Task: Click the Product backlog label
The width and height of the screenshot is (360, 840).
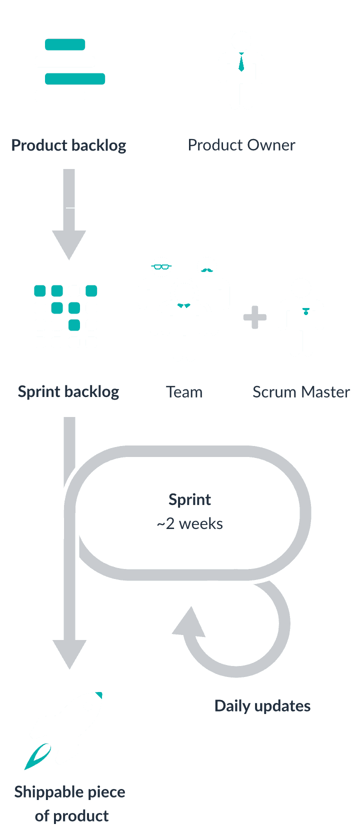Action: (68, 145)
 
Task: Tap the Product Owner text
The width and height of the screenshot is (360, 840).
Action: (241, 145)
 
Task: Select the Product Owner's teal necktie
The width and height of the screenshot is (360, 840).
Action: (241, 62)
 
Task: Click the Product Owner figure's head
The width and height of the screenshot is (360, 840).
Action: (241, 41)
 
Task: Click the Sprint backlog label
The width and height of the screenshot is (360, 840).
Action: (68, 391)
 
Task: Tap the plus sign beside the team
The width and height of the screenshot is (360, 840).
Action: (255, 317)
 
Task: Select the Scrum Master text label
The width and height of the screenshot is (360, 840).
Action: (301, 392)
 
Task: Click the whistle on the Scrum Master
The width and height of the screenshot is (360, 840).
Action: (305, 311)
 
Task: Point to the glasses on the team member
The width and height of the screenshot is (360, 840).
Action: (161, 266)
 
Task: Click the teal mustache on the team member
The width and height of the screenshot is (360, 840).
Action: (206, 270)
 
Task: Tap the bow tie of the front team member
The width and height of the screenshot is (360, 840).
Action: (184, 305)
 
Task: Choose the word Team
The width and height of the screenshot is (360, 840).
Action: (184, 392)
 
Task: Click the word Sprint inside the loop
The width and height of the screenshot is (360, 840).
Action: (189, 499)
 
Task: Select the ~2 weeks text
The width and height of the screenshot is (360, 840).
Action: (189, 523)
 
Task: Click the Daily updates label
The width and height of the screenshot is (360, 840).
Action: (262, 706)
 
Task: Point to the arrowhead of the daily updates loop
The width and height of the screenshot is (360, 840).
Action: (189, 622)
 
